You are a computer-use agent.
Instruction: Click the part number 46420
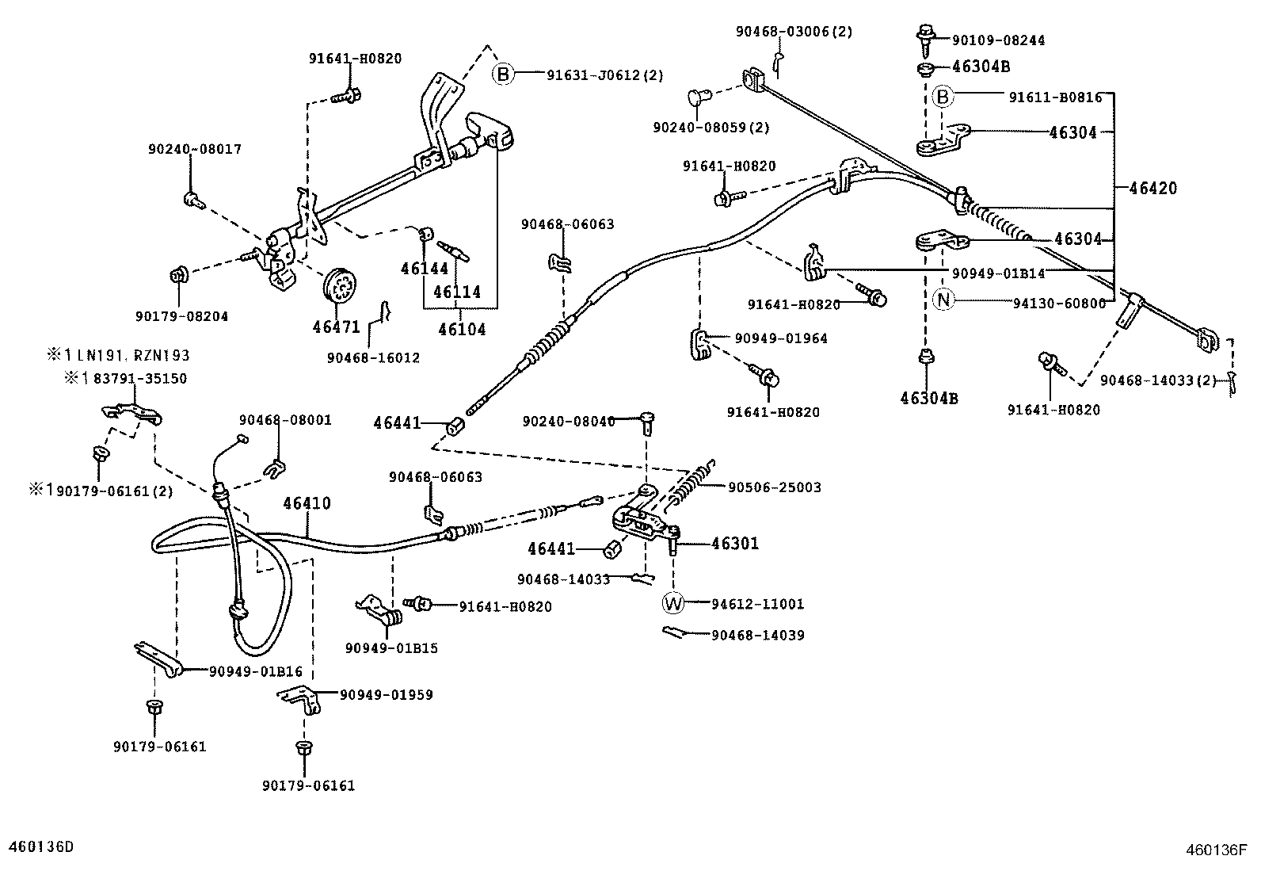(1152, 189)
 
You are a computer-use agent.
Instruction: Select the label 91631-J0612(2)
(604, 75)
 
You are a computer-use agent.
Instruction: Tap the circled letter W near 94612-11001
(672, 604)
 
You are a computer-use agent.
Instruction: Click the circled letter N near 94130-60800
(943, 300)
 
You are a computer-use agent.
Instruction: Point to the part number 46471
(336, 327)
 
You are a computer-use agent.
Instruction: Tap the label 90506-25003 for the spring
(775, 487)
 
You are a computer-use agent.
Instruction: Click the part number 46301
(734, 544)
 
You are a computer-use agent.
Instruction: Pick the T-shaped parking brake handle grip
(488, 132)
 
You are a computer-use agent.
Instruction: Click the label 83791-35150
(139, 379)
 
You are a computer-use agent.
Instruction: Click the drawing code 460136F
(1216, 850)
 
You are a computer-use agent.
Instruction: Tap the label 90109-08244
(998, 40)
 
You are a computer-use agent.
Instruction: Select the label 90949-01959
(387, 695)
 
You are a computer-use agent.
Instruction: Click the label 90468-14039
(757, 635)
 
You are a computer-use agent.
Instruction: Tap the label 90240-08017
(194, 149)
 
